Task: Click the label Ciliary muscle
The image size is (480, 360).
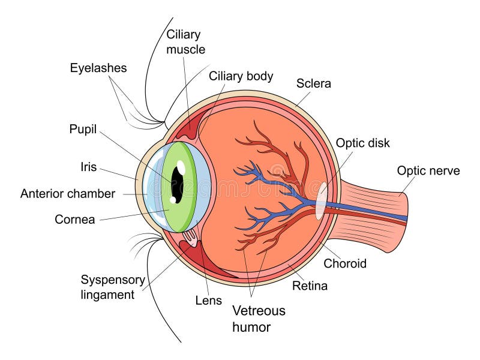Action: coord(185,42)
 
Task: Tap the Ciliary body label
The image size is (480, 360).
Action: coord(241,76)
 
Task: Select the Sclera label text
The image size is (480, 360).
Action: coord(313,84)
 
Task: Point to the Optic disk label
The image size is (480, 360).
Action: coord(362,143)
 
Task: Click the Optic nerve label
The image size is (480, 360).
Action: coord(428,171)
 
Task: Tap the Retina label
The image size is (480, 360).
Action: coord(310,286)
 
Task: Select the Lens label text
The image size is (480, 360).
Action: coord(208,301)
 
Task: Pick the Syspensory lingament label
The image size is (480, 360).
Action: coord(112,287)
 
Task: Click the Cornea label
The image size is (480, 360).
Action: coord(74,220)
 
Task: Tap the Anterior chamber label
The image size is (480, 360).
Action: coord(67,194)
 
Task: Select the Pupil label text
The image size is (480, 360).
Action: coord(83,129)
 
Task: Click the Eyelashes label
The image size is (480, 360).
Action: coord(98,68)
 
